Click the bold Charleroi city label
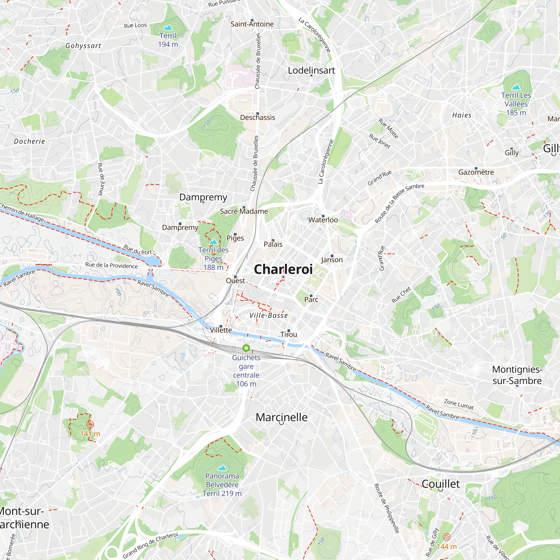point(283,269)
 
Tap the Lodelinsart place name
point(311,71)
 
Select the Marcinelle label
point(281,417)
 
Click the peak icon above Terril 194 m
point(168,27)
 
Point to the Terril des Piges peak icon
point(213,241)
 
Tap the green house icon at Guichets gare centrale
point(246,348)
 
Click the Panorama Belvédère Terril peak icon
point(222,468)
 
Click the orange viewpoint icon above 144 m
point(447,537)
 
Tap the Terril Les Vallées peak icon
point(516,87)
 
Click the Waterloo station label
point(323,220)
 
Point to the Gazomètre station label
point(476,172)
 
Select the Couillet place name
point(440,484)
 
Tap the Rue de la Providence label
point(111,265)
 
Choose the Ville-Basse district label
point(269,315)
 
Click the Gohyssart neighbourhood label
point(83,46)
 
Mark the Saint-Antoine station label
point(252,24)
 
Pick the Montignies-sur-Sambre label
point(517,375)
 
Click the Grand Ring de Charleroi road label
point(150,545)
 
